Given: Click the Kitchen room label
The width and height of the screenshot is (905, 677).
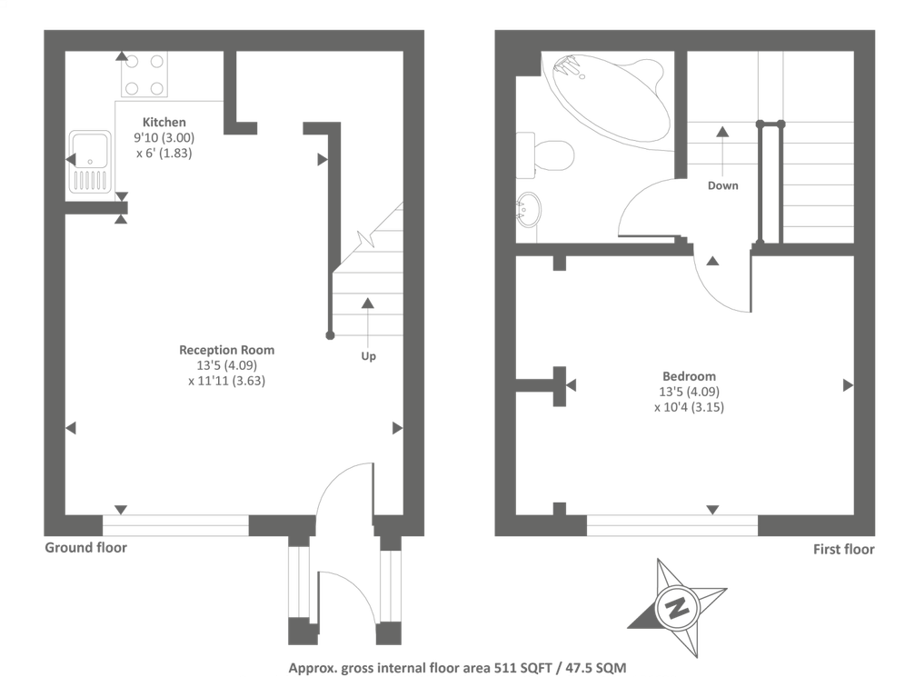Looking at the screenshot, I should pos(164,122).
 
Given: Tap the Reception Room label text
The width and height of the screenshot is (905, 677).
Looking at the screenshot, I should pos(226,350).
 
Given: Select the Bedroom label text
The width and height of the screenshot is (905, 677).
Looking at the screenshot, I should pos(689,376).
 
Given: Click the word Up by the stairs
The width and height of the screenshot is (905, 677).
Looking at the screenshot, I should pos(368,356).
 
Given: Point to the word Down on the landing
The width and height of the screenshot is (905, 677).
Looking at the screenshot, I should pos(723,185).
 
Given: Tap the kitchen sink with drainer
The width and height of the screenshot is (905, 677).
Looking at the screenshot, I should pos(89,162).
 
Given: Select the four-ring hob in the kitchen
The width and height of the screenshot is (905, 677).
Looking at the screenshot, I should pos(144,75).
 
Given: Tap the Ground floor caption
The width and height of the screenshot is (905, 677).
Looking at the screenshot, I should pos(86,548).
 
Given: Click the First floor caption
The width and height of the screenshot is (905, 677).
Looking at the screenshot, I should pos(844,549).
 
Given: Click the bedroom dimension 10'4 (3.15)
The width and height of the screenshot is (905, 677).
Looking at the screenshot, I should pos(689,407).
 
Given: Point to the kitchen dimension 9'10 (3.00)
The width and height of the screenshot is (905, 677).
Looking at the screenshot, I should pos(164,137).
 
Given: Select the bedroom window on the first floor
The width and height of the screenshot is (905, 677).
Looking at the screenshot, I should pos(671,524).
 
